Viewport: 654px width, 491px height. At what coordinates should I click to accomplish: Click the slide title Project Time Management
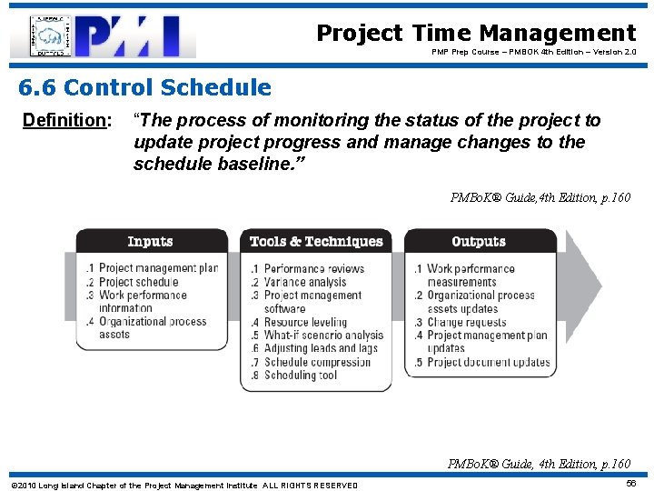476,34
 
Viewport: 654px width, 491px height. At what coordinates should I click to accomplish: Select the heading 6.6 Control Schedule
145,88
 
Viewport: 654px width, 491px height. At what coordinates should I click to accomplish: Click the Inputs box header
151,242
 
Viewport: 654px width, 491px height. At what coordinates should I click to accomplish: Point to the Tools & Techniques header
316,242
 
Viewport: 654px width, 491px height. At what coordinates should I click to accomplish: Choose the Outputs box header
479,242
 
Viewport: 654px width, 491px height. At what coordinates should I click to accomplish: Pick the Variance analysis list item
304,282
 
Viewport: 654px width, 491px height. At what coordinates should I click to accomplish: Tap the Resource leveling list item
305,322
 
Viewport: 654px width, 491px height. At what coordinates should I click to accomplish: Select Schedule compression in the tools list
317,362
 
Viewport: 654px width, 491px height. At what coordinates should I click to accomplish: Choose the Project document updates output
488,362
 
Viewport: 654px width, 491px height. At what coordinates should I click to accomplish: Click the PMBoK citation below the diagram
539,464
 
